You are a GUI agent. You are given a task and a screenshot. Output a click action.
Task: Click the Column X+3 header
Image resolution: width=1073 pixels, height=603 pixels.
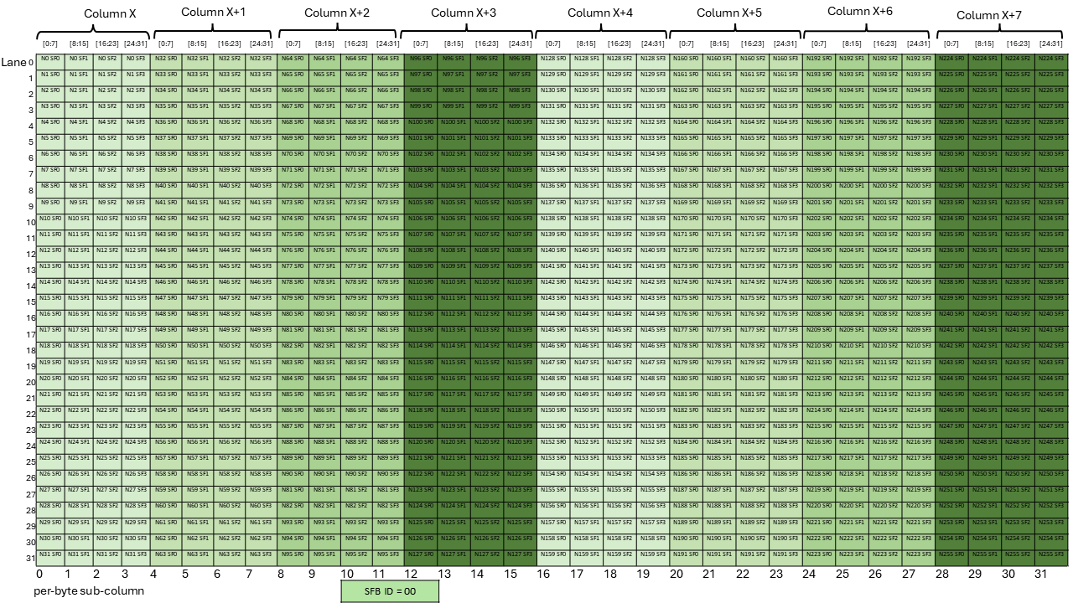point(463,13)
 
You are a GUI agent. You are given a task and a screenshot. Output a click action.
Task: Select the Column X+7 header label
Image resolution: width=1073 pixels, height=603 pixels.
point(989,15)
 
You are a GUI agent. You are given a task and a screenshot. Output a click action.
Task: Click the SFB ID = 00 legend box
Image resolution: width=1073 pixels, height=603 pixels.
point(390,590)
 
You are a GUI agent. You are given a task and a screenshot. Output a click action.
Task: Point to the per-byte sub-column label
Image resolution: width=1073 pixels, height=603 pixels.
point(89,590)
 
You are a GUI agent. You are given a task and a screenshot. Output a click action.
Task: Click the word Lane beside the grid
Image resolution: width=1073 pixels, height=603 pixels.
point(13,62)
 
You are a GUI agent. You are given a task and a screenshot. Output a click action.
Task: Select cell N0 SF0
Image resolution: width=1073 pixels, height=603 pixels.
point(51,59)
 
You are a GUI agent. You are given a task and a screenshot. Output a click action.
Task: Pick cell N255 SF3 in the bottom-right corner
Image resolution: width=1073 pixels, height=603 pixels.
point(1050,554)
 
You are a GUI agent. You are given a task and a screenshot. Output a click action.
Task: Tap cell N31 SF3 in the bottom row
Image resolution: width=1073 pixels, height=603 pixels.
point(135,554)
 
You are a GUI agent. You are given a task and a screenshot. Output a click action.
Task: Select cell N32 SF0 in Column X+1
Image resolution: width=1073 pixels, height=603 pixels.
point(166,59)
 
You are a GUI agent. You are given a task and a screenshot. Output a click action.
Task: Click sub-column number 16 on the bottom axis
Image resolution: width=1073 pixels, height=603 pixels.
point(544,574)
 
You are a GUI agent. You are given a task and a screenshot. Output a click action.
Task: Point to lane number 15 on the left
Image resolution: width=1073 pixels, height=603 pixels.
point(31,300)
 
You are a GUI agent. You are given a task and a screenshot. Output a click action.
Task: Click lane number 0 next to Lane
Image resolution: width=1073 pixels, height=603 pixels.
point(31,62)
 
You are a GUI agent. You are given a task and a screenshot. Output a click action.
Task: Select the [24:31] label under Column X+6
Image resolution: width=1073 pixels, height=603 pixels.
point(918,44)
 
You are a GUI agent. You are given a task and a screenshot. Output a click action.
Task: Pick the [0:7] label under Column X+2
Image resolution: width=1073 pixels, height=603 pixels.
point(293,44)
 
